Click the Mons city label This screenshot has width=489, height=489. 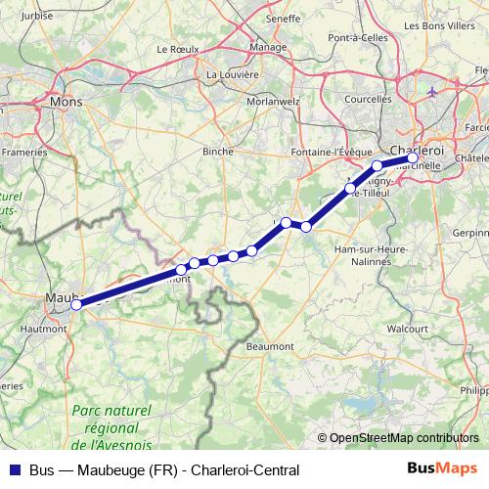click(66, 101)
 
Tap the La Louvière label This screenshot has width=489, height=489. click(233, 73)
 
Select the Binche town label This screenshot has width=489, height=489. click(218, 153)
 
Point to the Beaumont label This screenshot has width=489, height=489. click(271, 346)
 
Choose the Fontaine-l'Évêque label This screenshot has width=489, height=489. click(329, 153)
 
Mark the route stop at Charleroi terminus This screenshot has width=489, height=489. click(413, 157)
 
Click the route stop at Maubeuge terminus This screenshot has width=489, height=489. click(76, 304)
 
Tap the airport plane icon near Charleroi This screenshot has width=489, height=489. click(433, 92)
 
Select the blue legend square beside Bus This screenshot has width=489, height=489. click(13, 470)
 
